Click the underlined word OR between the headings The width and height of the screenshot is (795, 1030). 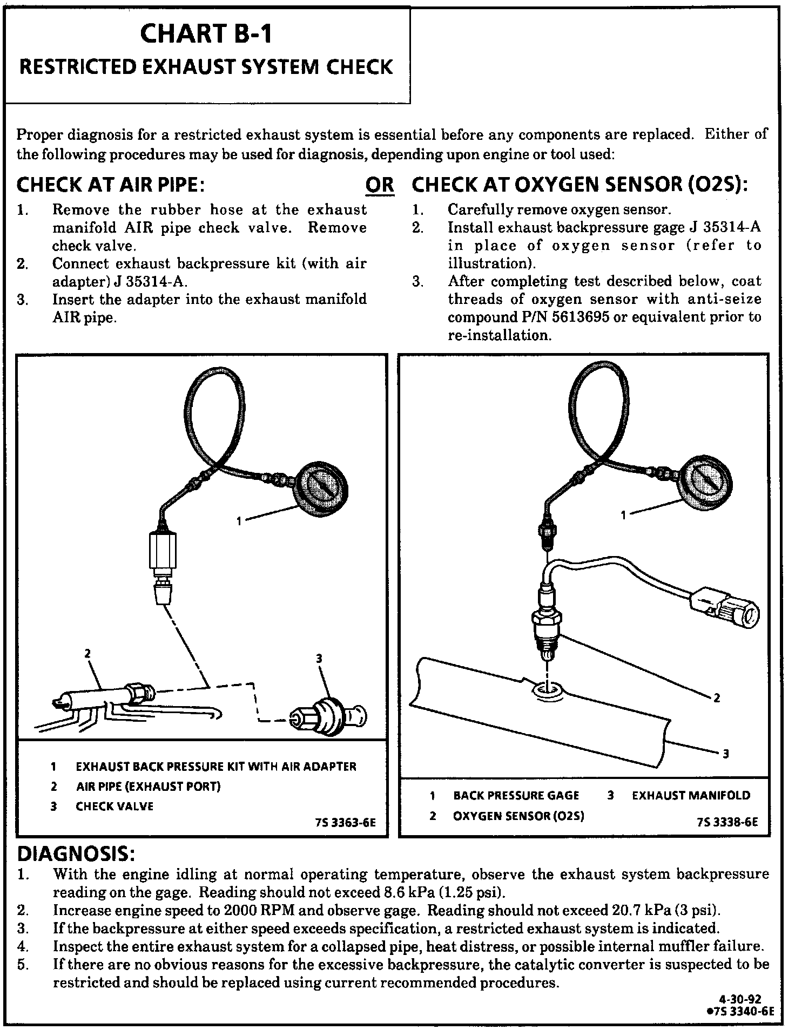click(x=380, y=185)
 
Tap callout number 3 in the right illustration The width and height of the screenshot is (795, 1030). click(x=725, y=754)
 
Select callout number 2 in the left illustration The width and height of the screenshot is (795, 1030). click(x=87, y=654)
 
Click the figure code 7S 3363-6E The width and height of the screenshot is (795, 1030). click(x=345, y=823)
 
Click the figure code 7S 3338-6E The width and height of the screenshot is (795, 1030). click(x=727, y=823)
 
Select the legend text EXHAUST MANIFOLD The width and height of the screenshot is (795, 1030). click(x=691, y=796)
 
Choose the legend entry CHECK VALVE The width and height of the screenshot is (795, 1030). click(x=114, y=807)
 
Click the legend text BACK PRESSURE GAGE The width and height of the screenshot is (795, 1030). click(x=516, y=796)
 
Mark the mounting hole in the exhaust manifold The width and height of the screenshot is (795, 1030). click(x=547, y=689)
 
